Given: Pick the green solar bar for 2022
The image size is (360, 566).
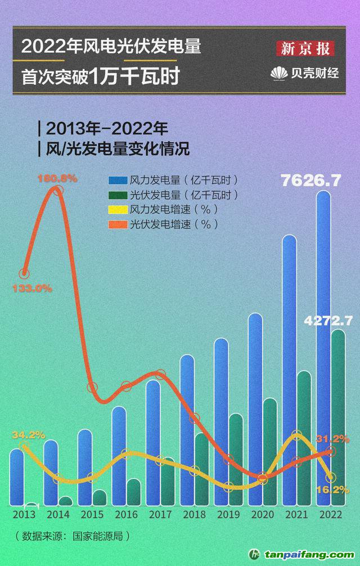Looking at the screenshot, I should (337, 416).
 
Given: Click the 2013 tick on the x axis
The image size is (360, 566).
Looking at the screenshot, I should (24, 514).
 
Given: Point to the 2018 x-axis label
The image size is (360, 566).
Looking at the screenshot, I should (194, 514).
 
